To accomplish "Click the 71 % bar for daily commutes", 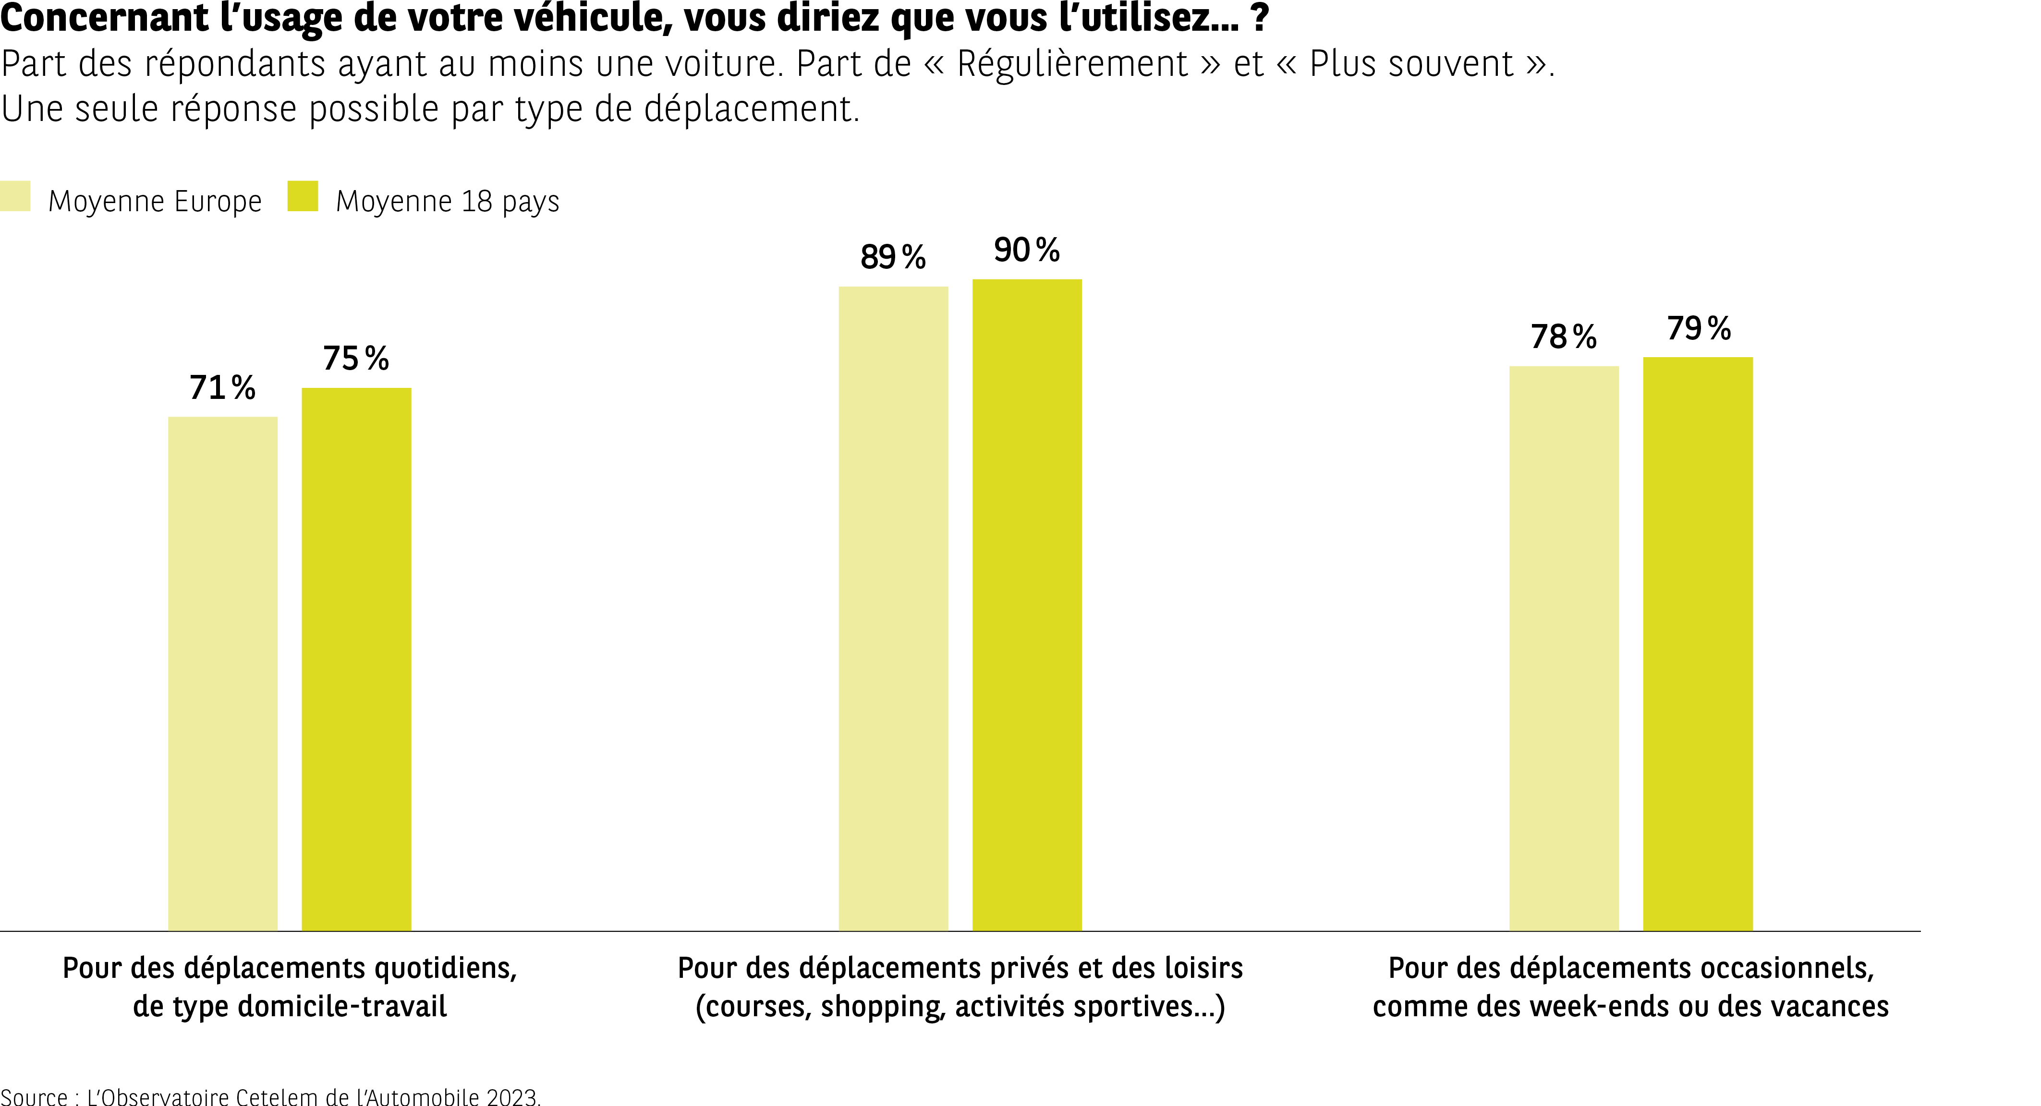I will [223, 673].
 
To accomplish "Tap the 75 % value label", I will [356, 359].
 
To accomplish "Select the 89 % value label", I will [893, 257].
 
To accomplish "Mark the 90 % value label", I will [1027, 251].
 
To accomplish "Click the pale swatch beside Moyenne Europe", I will [15, 196].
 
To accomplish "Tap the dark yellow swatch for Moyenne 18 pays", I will [303, 196].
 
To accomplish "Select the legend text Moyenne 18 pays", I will [448, 201].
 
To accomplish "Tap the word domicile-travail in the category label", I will [342, 1006].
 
